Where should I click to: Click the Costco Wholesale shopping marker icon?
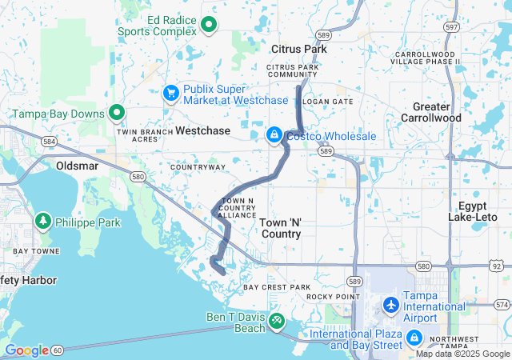[x=274, y=136]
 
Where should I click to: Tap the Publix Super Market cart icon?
[x=170, y=94]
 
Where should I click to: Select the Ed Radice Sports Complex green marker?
[x=209, y=25]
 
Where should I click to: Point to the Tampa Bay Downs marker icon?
[x=117, y=114]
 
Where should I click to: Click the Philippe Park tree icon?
[x=42, y=220]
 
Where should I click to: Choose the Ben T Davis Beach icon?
[x=277, y=322]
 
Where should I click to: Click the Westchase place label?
[x=202, y=130]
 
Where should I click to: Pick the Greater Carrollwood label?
[x=436, y=112]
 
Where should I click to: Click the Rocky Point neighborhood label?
[x=330, y=297]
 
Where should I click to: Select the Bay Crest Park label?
[x=276, y=286]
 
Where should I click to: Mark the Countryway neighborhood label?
[x=198, y=167]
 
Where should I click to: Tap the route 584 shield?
[x=50, y=142]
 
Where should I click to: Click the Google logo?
[x=26, y=350]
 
